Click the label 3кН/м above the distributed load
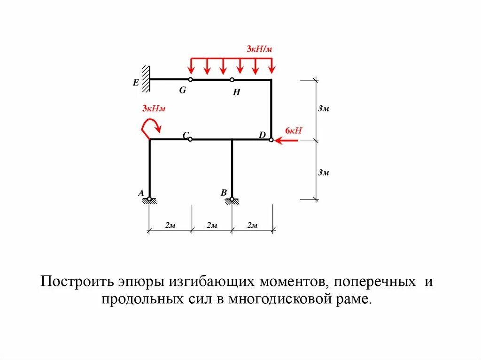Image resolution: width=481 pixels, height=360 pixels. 259,49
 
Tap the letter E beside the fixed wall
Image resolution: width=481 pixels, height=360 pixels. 136,83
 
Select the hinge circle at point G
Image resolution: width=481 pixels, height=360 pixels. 190,80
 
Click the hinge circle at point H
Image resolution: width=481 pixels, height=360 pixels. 232,80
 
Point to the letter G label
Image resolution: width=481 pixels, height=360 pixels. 182,90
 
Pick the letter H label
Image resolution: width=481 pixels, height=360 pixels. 236,93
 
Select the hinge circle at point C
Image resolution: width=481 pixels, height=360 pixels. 190,139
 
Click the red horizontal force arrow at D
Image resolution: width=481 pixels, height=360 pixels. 287,140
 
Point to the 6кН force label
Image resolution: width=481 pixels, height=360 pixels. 293,130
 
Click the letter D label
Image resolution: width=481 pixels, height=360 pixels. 262,135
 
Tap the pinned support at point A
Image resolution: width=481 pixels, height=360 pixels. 149,200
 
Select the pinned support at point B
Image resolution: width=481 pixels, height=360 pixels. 232,200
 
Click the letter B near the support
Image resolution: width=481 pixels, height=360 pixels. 224,192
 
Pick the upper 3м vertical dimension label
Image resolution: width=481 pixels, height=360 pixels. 323,109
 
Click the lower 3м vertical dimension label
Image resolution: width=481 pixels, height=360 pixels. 323,173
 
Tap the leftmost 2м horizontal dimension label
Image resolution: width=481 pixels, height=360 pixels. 170,226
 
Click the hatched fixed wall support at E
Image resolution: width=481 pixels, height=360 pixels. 147,79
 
